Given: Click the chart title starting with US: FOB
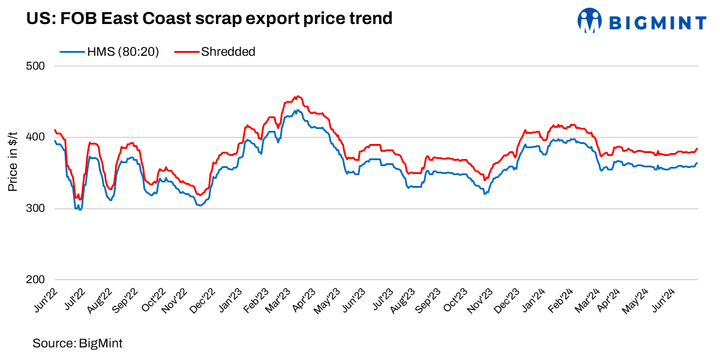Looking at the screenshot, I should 209,19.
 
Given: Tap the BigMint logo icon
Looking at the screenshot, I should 589,20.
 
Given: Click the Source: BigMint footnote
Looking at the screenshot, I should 77,343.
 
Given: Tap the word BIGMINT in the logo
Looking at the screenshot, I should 658,23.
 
